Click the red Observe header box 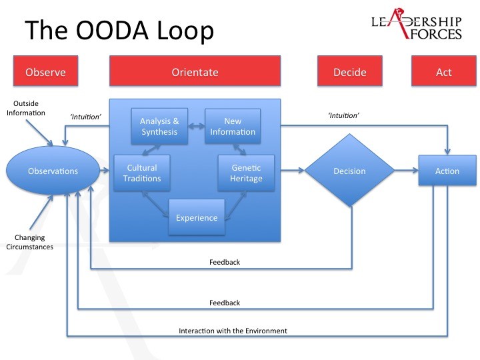(45, 71)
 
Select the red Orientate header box (195, 71)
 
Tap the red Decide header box (350, 71)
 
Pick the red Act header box (444, 71)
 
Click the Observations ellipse (53, 171)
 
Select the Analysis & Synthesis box (159, 126)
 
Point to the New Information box (233, 126)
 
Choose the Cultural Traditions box (142, 173)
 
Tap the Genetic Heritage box (246, 173)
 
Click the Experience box (197, 217)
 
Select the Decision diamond (349, 170)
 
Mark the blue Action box (447, 170)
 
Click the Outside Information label (26, 108)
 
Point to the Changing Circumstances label (30, 242)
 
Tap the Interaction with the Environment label (233, 331)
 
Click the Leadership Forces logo (417, 24)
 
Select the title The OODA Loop (119, 30)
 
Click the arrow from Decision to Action (407, 170)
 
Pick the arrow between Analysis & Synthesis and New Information (196, 126)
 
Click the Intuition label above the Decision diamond (343, 115)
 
